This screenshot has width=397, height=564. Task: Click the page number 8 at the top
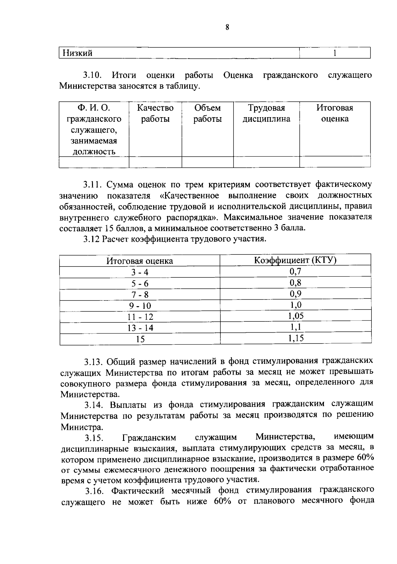(x=227, y=27)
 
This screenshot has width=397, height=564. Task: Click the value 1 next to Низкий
(x=335, y=53)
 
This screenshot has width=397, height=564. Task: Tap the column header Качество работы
(x=155, y=113)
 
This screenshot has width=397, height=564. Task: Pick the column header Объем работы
(x=207, y=113)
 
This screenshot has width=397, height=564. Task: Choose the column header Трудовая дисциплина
(x=266, y=113)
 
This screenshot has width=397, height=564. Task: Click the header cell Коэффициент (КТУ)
(x=295, y=260)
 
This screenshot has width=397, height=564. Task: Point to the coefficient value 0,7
(x=295, y=272)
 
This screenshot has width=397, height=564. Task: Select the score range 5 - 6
(x=140, y=284)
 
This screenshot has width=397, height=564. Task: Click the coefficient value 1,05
(x=296, y=316)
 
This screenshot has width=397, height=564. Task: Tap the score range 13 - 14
(x=140, y=328)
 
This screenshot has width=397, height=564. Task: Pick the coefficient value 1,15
(x=296, y=338)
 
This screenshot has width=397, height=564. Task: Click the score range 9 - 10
(x=140, y=306)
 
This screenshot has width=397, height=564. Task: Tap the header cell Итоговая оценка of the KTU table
(x=140, y=261)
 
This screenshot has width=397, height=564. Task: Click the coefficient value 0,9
(x=295, y=294)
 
